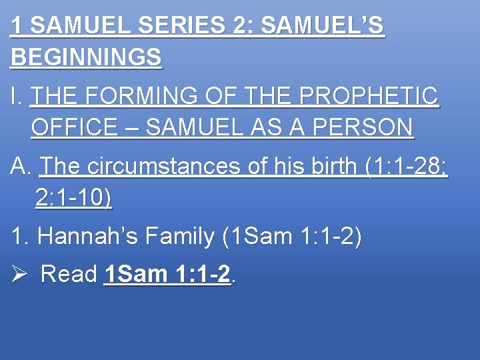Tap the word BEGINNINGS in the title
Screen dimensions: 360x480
(x=86, y=57)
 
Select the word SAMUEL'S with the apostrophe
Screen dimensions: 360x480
(x=323, y=26)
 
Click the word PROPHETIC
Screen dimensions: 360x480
(x=369, y=97)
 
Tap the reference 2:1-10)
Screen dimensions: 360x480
(x=73, y=198)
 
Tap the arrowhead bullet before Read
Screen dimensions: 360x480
(x=19, y=273)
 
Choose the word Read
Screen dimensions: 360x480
(x=69, y=273)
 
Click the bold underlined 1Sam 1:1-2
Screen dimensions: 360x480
(x=167, y=273)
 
